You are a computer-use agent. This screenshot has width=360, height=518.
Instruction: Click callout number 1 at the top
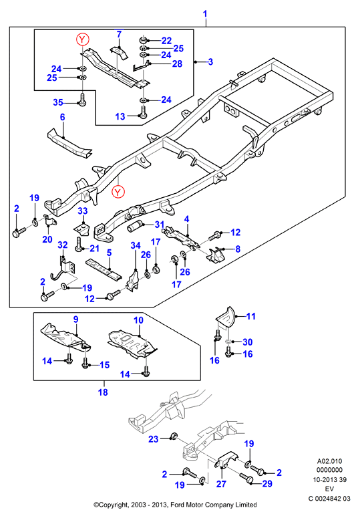205,14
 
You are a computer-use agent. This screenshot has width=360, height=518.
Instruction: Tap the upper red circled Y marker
82,39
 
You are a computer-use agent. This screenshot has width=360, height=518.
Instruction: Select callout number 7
119,34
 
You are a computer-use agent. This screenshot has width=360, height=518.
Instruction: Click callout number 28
177,63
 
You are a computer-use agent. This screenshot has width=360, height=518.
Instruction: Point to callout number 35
58,102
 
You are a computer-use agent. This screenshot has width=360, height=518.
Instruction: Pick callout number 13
120,116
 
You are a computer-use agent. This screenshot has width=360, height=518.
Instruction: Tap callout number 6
62,117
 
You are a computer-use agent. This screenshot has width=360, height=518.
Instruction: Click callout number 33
83,211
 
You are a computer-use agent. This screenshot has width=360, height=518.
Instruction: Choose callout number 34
136,245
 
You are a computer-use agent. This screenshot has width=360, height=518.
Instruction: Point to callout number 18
103,392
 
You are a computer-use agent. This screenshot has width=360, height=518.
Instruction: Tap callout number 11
251,316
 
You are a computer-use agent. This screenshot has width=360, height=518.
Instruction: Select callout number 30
248,342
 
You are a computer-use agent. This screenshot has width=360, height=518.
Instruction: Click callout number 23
154,439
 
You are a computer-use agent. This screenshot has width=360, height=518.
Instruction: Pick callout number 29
267,484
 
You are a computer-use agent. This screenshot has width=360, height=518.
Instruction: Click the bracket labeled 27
226,461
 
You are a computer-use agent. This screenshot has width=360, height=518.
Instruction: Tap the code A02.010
329,461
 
